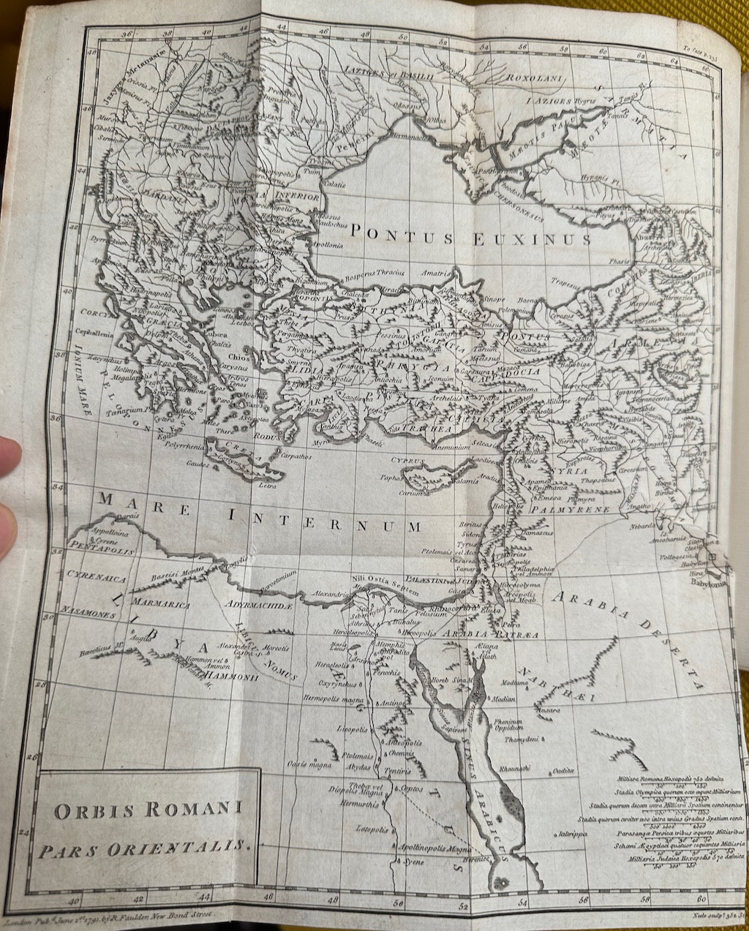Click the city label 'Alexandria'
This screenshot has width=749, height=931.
point(327,595)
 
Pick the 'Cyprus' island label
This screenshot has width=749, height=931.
point(407,461)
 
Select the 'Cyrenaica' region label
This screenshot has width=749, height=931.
point(97,578)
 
